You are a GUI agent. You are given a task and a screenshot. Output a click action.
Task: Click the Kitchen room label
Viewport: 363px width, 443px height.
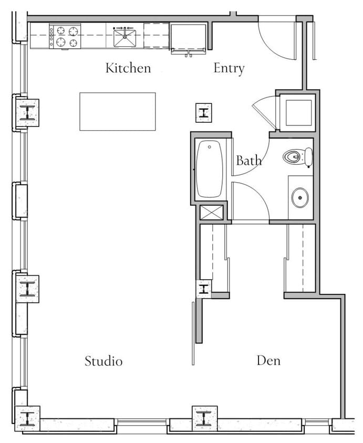pyautogui.click(x=128, y=68)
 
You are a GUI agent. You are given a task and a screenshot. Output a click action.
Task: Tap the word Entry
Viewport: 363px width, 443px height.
pyautogui.click(x=229, y=68)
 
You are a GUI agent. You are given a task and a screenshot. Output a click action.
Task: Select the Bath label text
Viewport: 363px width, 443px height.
pyautogui.click(x=248, y=161)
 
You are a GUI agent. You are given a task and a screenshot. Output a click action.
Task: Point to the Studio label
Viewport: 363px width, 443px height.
pyautogui.click(x=103, y=361)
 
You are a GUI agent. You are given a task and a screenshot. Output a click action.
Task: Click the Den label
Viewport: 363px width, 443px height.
pyautogui.click(x=268, y=361)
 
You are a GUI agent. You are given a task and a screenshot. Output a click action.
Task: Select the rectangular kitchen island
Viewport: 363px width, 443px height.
pyautogui.click(x=118, y=111)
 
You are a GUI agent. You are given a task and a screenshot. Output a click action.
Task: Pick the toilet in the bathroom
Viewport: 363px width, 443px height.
pyautogui.click(x=297, y=157)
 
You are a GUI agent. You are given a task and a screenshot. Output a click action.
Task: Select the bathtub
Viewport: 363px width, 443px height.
pyautogui.click(x=210, y=168)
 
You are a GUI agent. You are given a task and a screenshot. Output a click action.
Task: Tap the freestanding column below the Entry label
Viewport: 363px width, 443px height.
pyautogui.click(x=203, y=112)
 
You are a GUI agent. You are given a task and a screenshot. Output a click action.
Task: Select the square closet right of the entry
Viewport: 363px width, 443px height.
pyautogui.click(x=297, y=113)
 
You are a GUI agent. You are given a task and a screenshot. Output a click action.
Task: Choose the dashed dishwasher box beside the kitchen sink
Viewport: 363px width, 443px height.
pyautogui.click(x=156, y=36)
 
